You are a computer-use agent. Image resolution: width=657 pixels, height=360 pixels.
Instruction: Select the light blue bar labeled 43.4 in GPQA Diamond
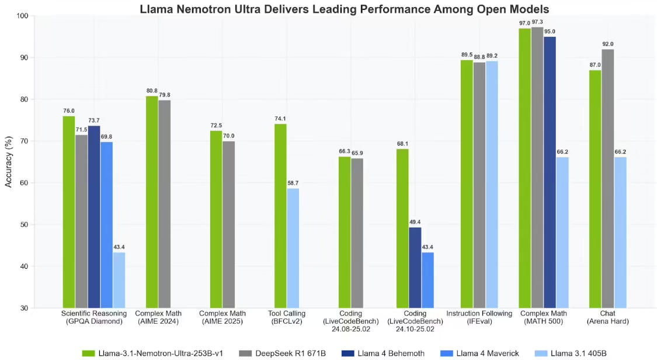point(119,280)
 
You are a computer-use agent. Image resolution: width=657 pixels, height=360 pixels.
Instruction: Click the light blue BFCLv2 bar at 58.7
point(293,248)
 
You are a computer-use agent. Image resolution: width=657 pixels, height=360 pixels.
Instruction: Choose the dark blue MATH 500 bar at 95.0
point(550,172)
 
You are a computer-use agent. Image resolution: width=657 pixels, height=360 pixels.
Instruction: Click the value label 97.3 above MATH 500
point(537,21)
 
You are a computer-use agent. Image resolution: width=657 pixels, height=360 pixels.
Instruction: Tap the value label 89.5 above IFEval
point(467,54)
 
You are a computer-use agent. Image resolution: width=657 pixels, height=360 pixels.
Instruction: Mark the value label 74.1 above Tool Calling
point(280,119)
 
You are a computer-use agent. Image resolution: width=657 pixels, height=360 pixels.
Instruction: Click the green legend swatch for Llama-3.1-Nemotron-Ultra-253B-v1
point(88,352)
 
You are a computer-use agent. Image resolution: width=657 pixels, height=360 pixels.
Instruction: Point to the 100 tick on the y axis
point(23,16)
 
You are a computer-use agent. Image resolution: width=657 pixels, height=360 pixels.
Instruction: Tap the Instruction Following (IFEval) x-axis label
point(479,318)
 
